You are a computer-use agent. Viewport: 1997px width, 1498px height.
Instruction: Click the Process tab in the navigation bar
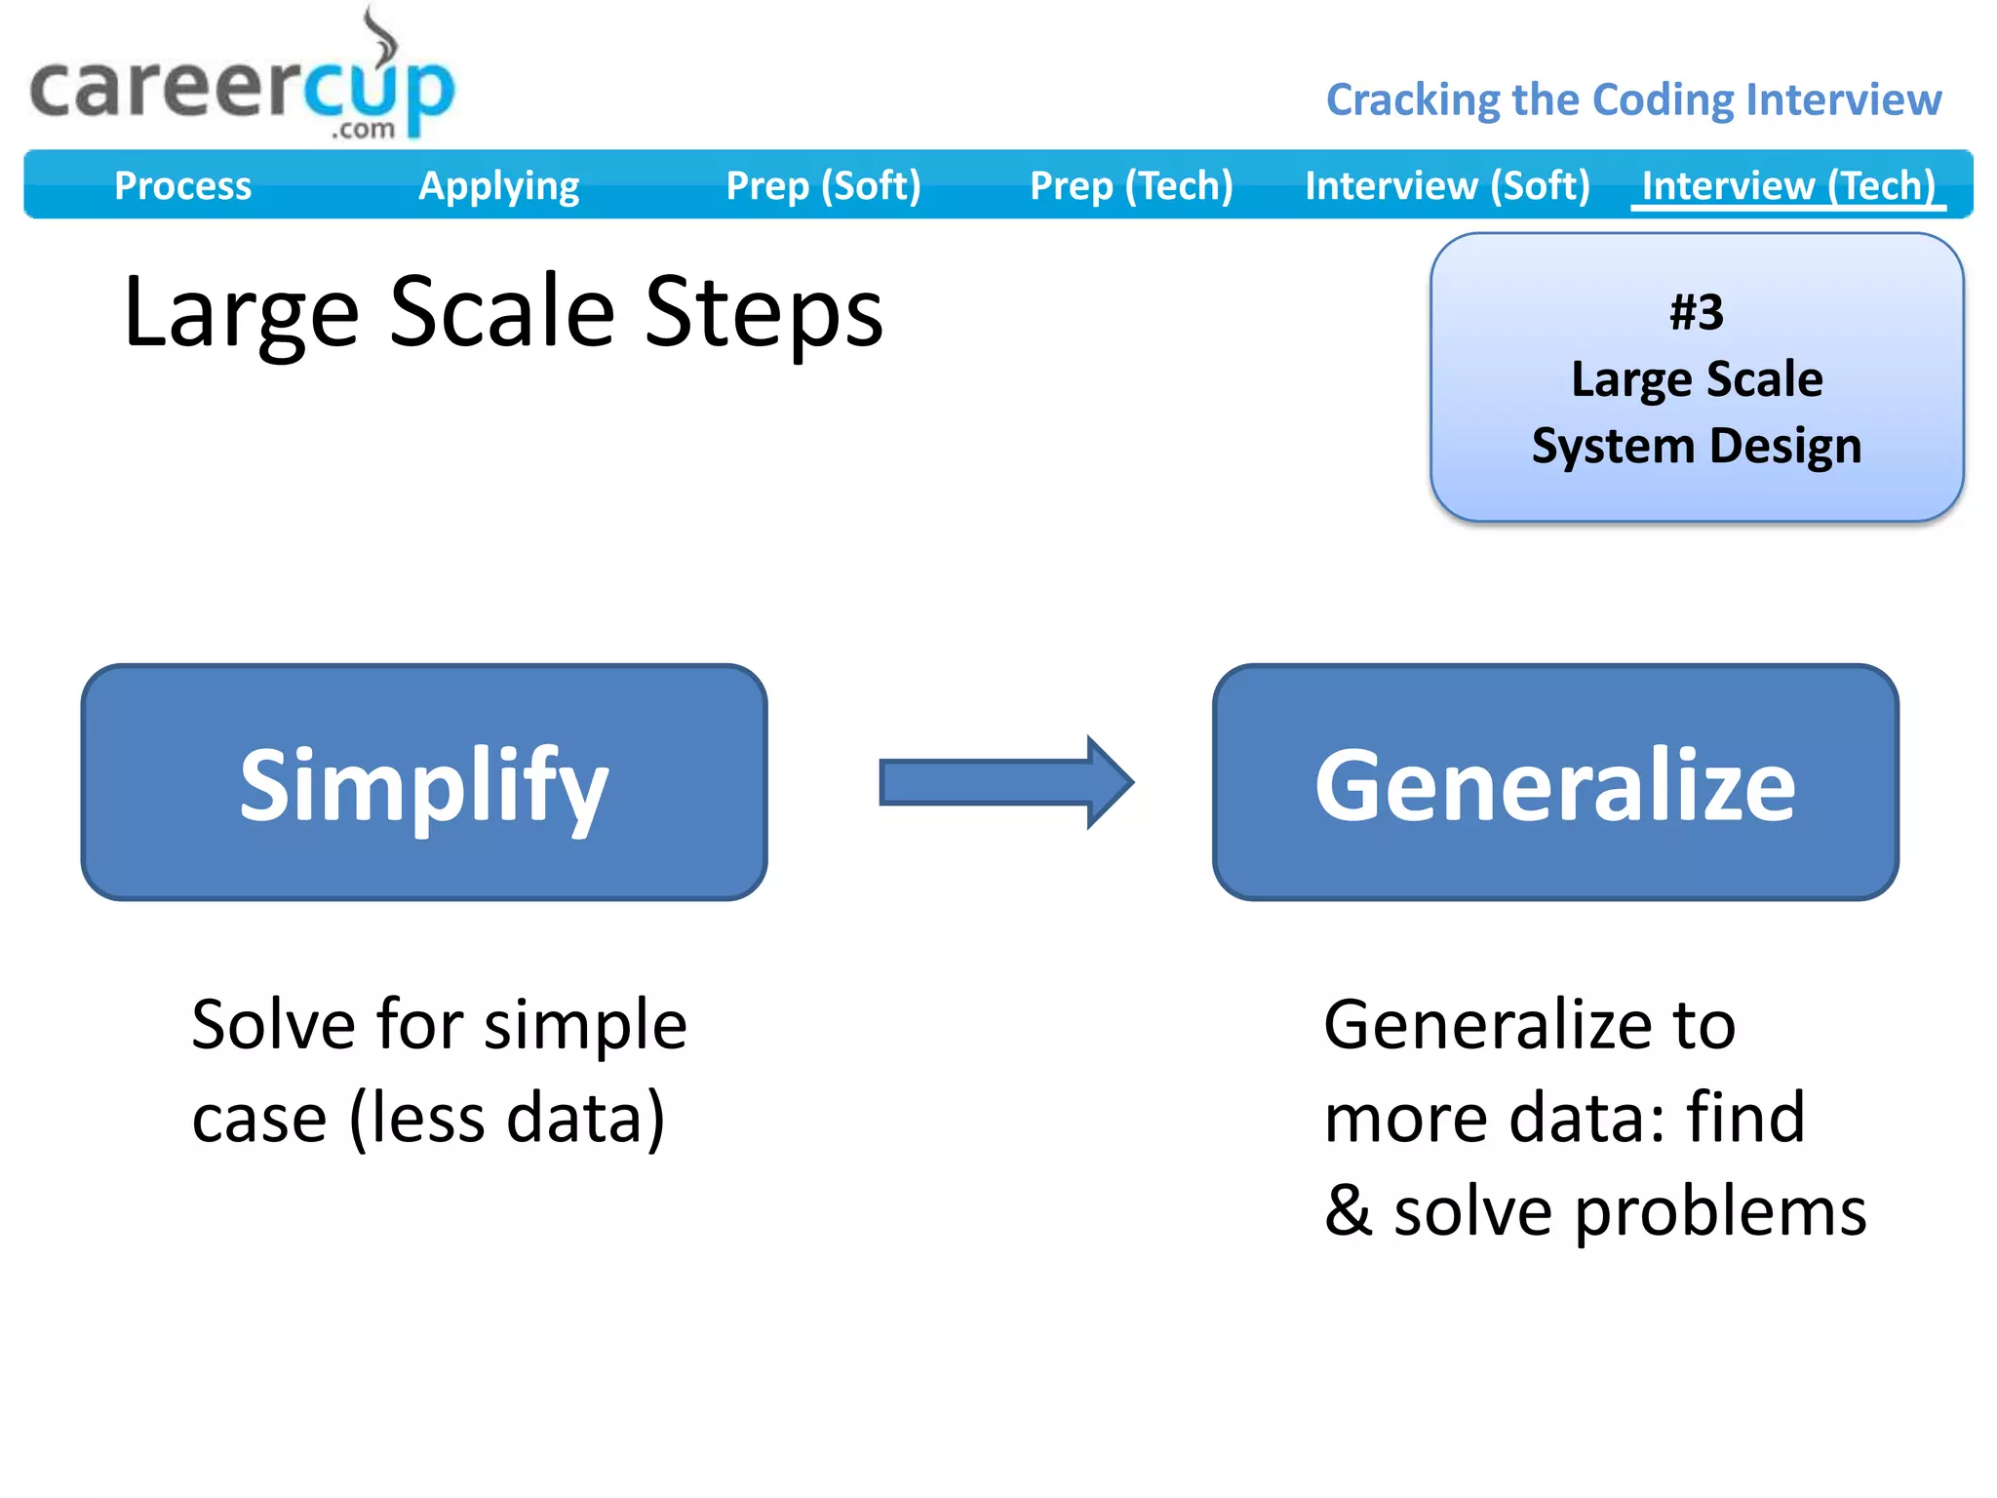pyautogui.click(x=182, y=185)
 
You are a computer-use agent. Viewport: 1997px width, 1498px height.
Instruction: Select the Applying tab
pyautogui.click(x=498, y=185)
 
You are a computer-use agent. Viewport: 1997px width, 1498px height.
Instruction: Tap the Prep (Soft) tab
pyautogui.click(x=823, y=185)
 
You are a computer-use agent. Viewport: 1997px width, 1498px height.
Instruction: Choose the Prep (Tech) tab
pyautogui.click(x=1131, y=185)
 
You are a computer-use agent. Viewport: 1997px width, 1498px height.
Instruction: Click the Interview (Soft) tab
pyautogui.click(x=1447, y=185)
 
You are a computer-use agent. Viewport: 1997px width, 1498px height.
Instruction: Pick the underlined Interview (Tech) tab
pyautogui.click(x=1788, y=185)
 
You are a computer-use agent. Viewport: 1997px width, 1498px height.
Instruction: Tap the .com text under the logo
pyautogui.click(x=363, y=130)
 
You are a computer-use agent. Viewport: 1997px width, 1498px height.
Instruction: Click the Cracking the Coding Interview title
pyautogui.click(x=1633, y=99)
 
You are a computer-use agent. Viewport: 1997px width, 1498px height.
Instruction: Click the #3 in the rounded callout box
pyautogui.click(x=1697, y=313)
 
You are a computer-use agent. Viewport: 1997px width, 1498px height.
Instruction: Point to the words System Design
pyautogui.click(x=1697, y=446)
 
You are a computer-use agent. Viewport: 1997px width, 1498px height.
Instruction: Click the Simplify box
pyautogui.click(x=424, y=782)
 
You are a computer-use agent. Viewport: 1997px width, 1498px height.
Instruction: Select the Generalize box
pyautogui.click(x=1555, y=782)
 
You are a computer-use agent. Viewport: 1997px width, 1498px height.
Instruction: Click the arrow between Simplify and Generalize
pyautogui.click(x=1005, y=782)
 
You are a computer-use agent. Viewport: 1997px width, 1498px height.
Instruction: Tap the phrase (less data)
pyautogui.click(x=507, y=1118)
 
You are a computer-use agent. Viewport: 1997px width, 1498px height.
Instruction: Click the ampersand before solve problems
pyautogui.click(x=1349, y=1210)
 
